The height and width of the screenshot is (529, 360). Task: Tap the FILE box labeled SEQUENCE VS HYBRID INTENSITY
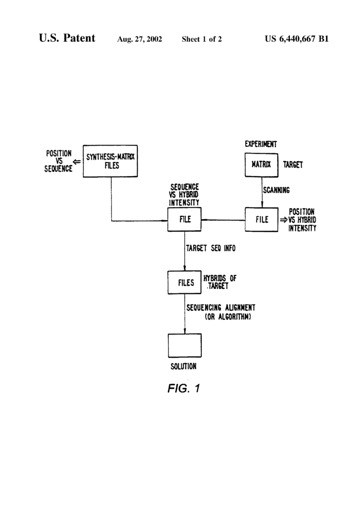click(x=185, y=219)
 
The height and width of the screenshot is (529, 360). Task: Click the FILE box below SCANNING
click(x=262, y=219)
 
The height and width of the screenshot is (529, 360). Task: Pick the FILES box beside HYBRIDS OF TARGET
click(x=185, y=283)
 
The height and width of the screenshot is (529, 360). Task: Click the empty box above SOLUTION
click(x=185, y=345)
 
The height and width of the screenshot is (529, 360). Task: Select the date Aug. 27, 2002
click(x=140, y=39)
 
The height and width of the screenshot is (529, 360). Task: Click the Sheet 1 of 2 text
click(x=202, y=39)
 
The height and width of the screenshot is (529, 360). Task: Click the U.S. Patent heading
click(x=67, y=38)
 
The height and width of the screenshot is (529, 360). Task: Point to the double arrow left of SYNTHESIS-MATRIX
click(x=77, y=161)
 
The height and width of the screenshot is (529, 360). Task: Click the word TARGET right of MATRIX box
click(x=293, y=165)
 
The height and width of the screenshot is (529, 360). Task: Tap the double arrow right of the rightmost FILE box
click(x=284, y=220)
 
